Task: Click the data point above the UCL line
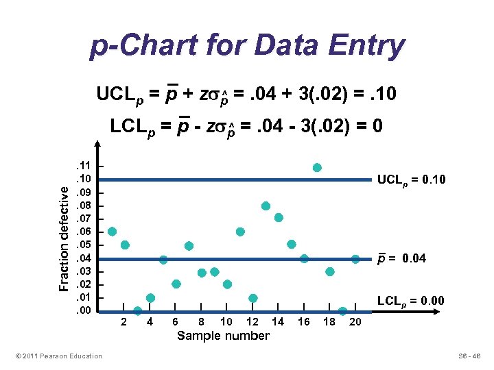point(317,167)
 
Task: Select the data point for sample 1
point(112,232)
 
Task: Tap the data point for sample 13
point(266,206)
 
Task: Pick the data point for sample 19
point(342,311)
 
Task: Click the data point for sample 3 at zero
point(137,311)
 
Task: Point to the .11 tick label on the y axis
point(84,166)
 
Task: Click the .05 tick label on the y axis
point(84,245)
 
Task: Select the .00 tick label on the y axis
point(84,311)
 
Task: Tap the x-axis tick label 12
point(252,322)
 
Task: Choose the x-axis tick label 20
point(355,322)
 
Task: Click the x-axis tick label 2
point(123,322)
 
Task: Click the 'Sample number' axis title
point(223,336)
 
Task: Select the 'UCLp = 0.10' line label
point(412,180)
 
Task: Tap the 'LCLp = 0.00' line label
point(411,301)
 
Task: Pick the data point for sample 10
point(227,284)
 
